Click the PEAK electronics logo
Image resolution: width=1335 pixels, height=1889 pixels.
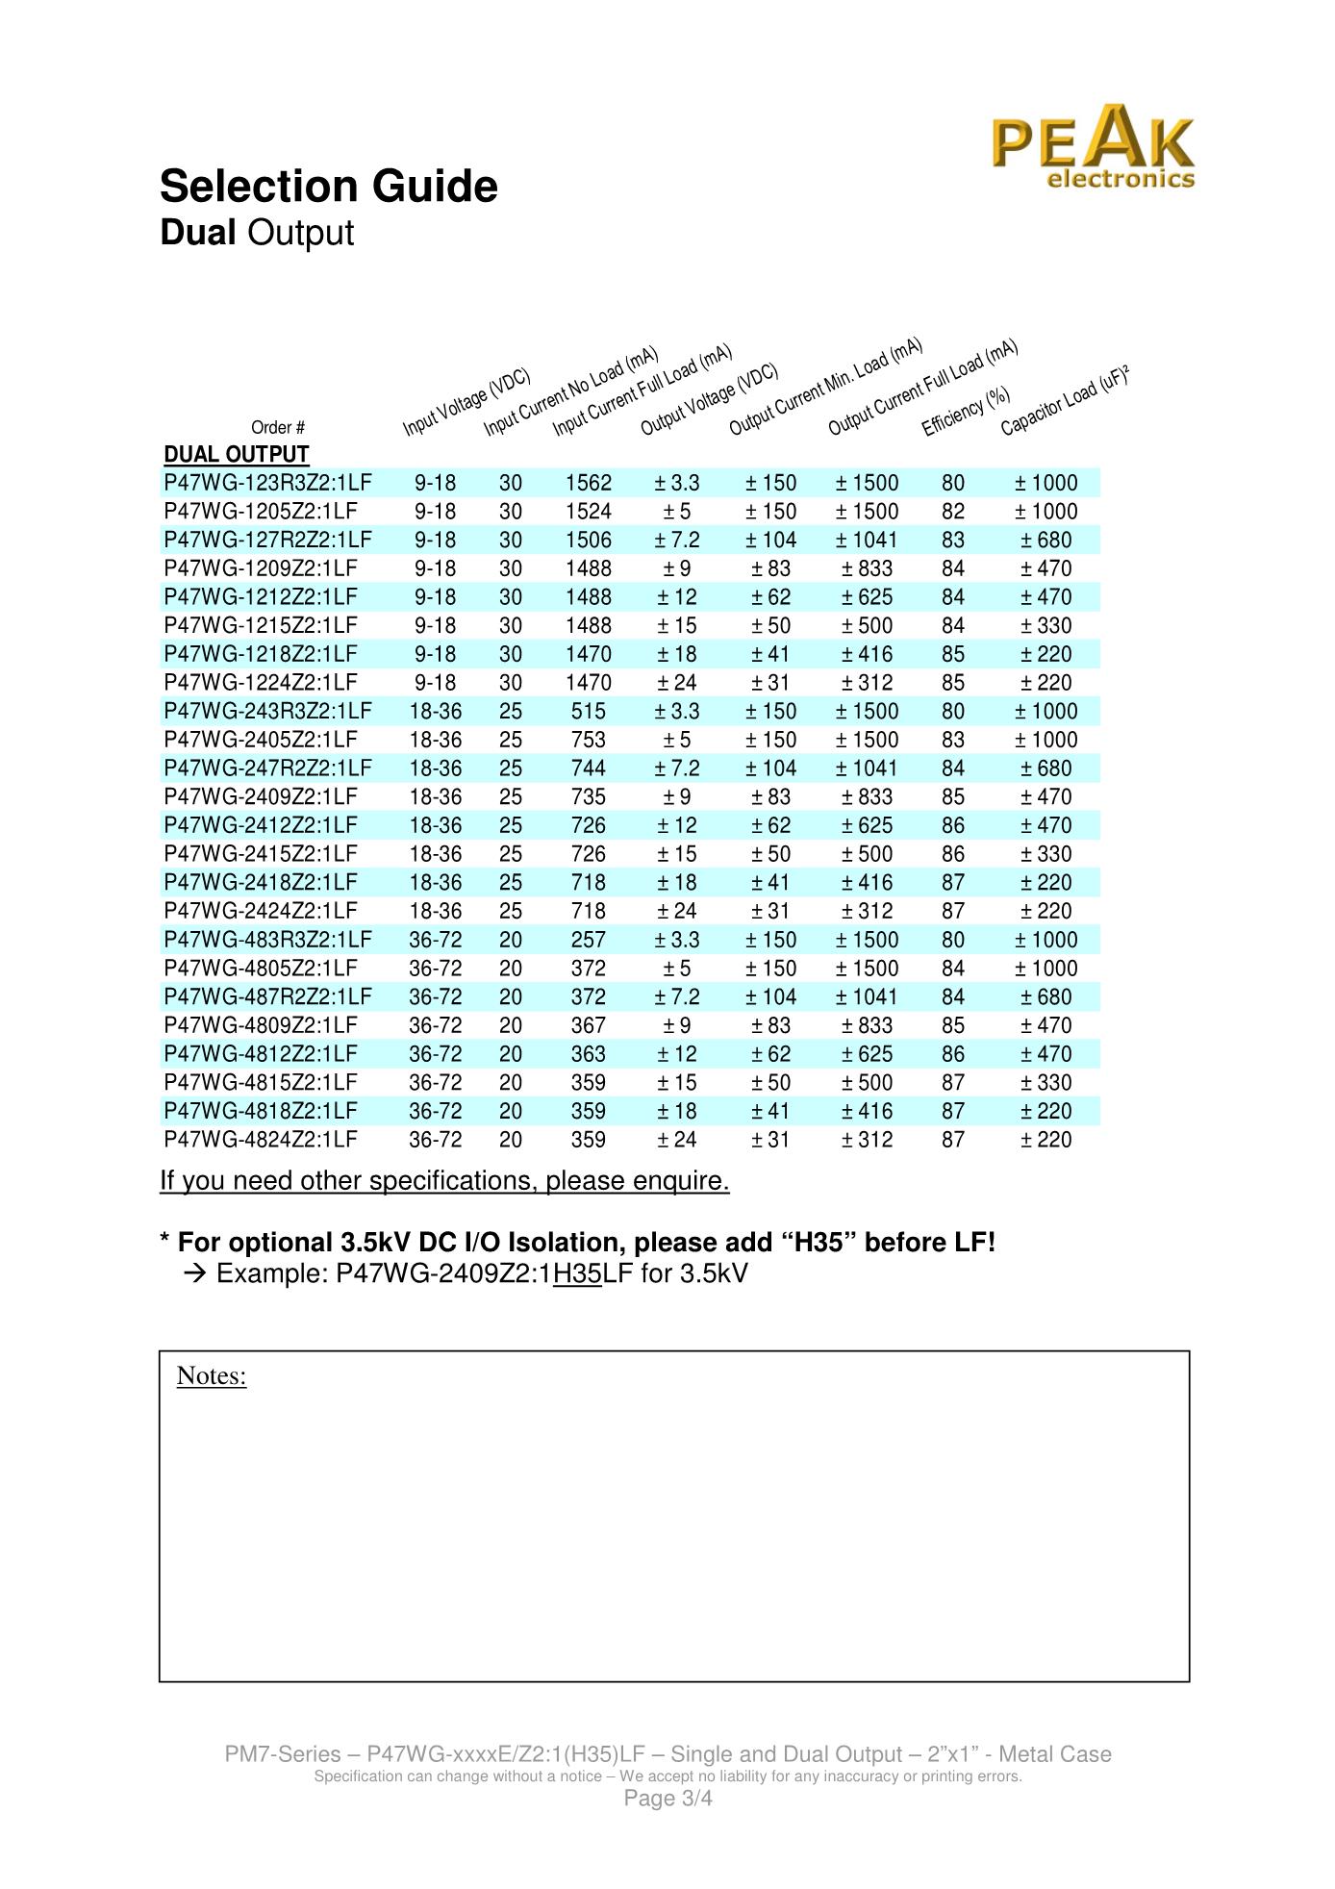(x=1094, y=149)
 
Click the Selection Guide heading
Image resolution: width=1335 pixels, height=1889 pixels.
(x=329, y=187)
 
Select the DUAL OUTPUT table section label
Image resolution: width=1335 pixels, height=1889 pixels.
(x=237, y=455)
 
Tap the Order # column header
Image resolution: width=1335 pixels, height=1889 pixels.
(x=278, y=428)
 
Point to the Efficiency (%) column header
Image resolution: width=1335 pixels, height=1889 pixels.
(x=966, y=412)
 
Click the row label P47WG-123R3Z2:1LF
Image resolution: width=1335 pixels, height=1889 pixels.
(x=267, y=483)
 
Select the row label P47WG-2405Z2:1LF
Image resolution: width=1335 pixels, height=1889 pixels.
(x=260, y=740)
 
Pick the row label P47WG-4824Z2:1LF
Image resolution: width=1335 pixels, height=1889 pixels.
(x=260, y=1140)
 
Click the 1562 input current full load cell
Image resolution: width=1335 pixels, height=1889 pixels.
(x=589, y=483)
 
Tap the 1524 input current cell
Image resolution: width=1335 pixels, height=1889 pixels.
(x=589, y=512)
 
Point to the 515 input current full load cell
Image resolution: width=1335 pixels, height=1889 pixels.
(x=589, y=711)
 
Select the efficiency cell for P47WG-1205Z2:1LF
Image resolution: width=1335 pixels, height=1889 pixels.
(x=953, y=512)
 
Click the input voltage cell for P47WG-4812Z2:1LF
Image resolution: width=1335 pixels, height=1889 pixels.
(x=435, y=1054)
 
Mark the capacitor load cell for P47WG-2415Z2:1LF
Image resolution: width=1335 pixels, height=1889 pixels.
(x=1046, y=854)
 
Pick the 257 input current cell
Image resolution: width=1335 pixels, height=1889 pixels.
(x=589, y=940)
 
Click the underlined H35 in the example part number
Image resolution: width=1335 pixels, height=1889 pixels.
(x=578, y=1274)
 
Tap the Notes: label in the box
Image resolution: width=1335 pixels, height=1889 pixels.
(x=212, y=1376)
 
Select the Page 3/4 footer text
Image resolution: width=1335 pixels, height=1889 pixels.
(x=668, y=1799)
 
